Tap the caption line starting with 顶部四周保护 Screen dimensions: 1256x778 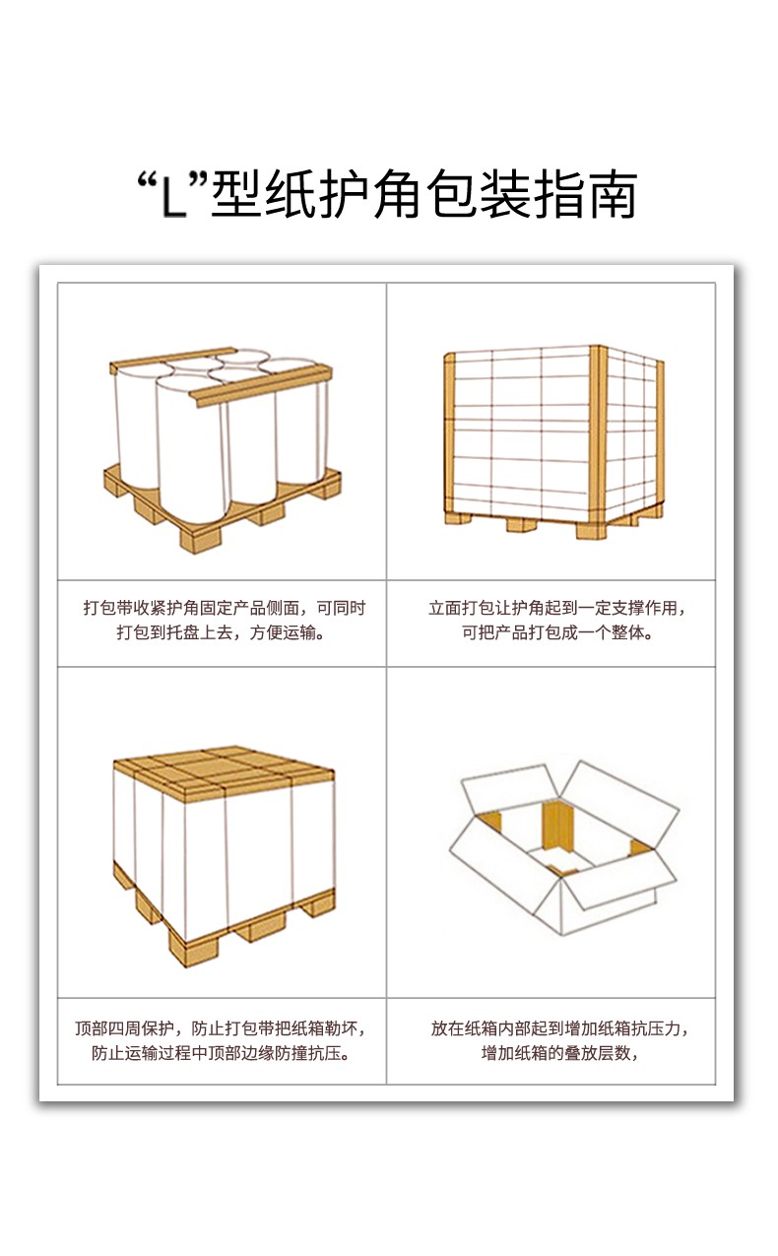(x=224, y=1028)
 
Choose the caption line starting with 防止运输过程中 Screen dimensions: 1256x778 (x=224, y=1053)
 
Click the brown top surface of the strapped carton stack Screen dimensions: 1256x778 (x=224, y=771)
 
